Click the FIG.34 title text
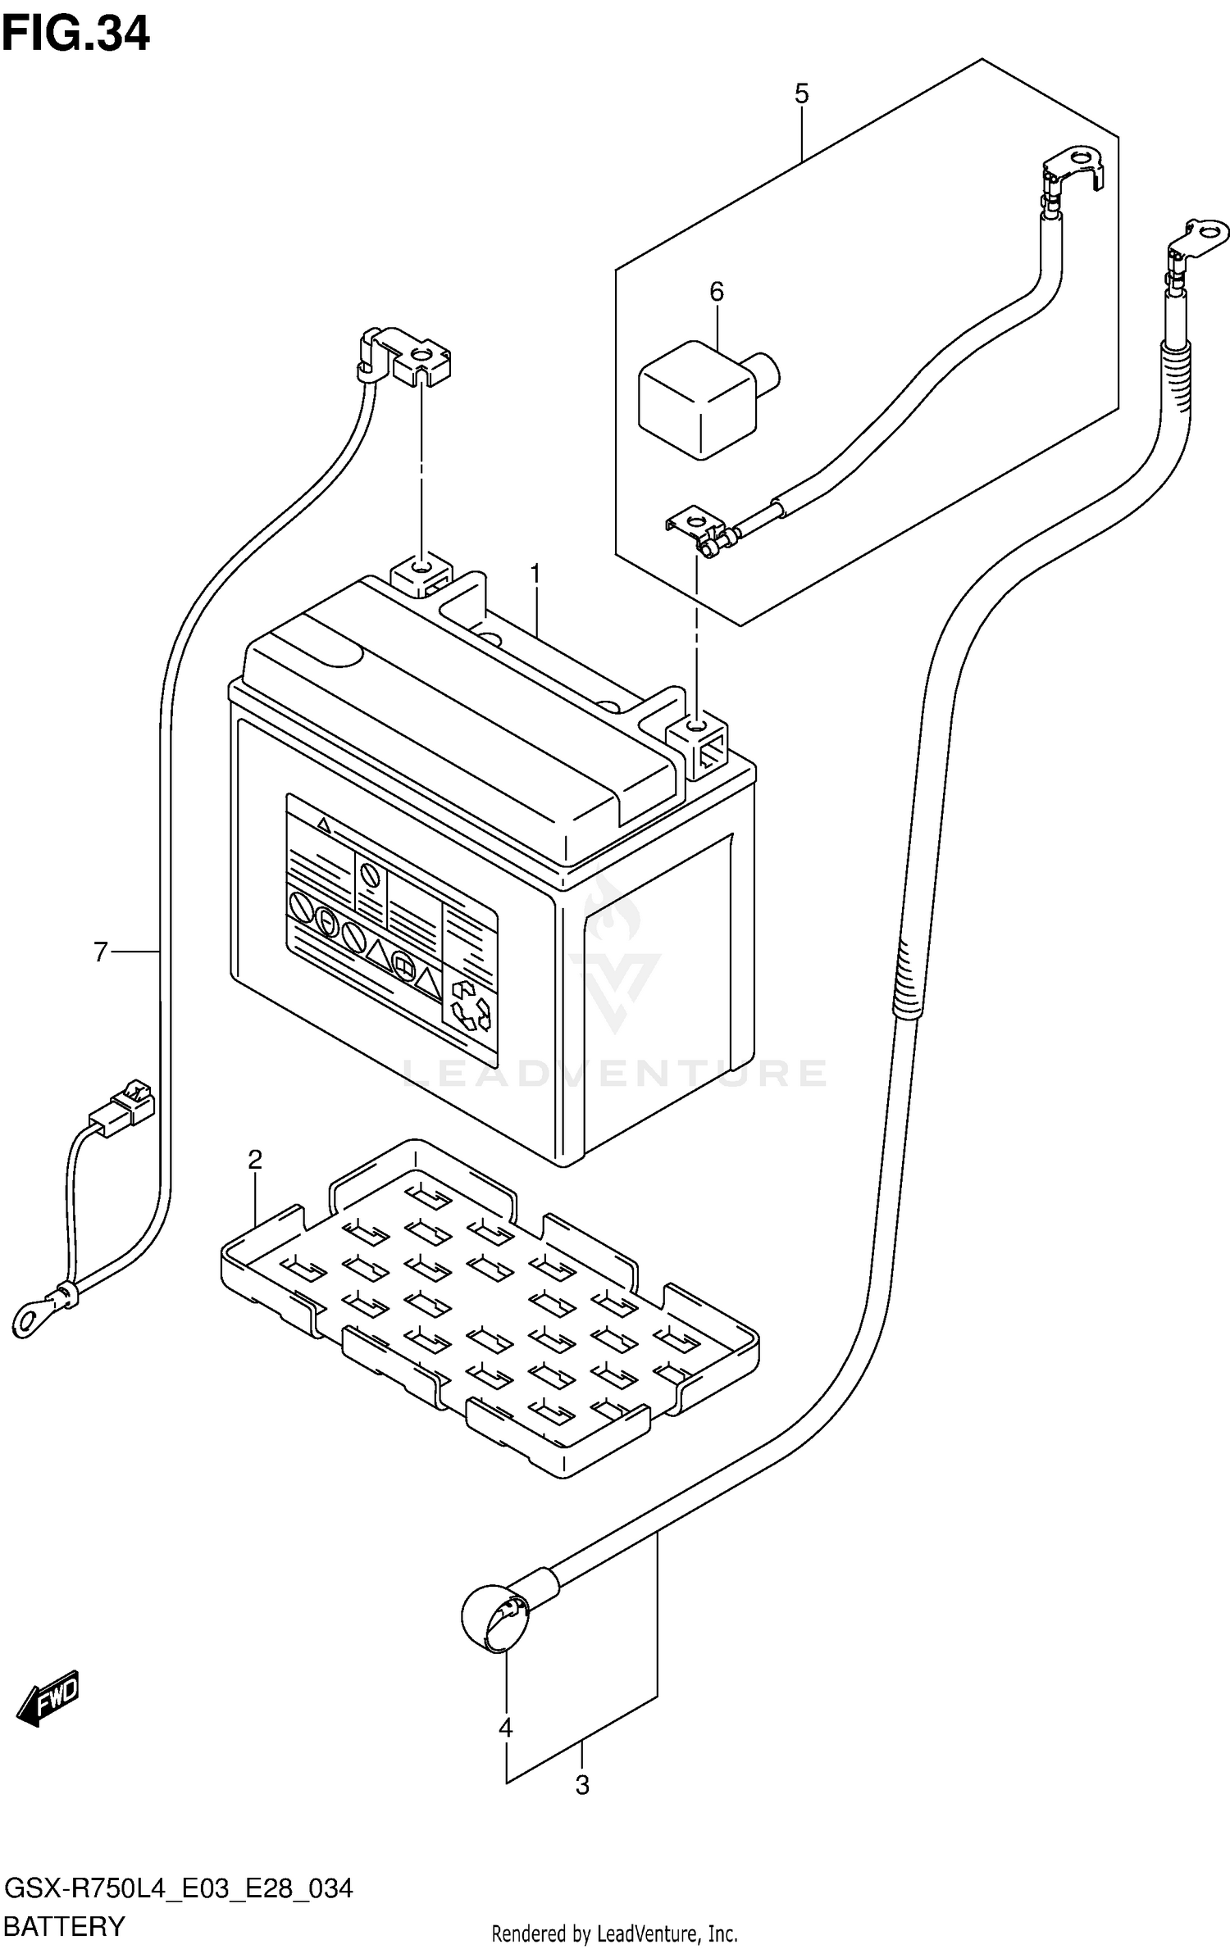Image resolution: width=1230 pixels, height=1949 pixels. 76,34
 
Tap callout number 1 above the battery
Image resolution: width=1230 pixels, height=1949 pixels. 535,574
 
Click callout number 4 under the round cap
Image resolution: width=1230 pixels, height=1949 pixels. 801,93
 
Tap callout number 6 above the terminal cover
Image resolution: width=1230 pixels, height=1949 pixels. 100,952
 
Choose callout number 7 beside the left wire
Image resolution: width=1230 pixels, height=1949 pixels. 49,1696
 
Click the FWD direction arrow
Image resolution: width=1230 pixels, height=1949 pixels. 49,1696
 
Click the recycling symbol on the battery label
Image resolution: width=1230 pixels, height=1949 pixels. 470,1005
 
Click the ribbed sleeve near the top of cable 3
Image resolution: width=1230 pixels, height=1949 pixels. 1174,378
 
